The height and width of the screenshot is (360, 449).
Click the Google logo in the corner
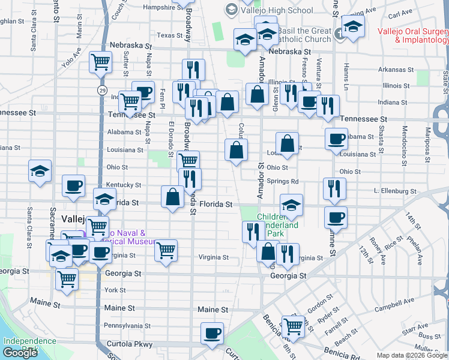20,353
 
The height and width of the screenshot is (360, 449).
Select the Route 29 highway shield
103,90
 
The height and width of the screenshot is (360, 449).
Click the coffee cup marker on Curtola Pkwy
211,334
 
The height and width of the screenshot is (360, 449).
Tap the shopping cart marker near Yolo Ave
101,61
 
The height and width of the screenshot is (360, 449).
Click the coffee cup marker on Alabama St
336,139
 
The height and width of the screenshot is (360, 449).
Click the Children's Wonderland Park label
278,225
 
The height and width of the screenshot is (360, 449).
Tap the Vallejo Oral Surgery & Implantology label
413,35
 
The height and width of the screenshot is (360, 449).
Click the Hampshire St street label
163,8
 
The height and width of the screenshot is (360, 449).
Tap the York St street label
115,290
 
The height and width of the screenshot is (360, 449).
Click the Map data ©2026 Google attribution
412,355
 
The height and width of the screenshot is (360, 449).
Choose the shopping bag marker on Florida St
172,197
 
